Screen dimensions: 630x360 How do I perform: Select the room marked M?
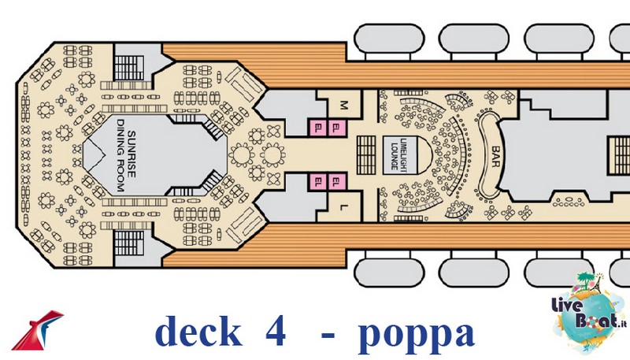coord(343,106)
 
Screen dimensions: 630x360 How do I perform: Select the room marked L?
coord(343,207)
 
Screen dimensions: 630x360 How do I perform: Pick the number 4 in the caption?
coord(275,330)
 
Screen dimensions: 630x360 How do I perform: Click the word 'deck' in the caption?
coord(198,330)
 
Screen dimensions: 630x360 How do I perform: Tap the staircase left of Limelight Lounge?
coord(366,155)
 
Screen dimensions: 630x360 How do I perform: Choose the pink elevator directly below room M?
coord(337,128)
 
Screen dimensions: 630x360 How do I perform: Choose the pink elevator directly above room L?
coord(337,182)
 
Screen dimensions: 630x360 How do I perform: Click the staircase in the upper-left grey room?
coord(128,68)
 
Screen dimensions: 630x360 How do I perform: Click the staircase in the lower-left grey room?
coord(128,243)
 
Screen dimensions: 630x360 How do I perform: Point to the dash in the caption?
coord(328,334)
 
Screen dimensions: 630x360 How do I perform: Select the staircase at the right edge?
coord(618,155)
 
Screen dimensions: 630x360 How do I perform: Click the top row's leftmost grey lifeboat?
coord(389,38)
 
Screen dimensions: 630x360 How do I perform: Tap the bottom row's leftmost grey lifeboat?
coord(389,273)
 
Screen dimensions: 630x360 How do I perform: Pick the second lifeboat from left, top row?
coord(474,38)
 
